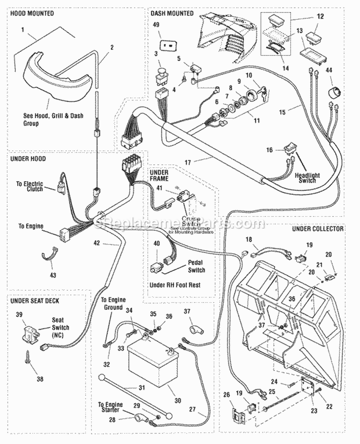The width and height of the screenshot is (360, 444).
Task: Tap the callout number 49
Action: tap(156, 25)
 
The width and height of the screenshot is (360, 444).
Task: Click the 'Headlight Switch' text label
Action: tap(308, 178)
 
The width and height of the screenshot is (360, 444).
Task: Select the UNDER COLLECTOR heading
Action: tap(317, 229)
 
